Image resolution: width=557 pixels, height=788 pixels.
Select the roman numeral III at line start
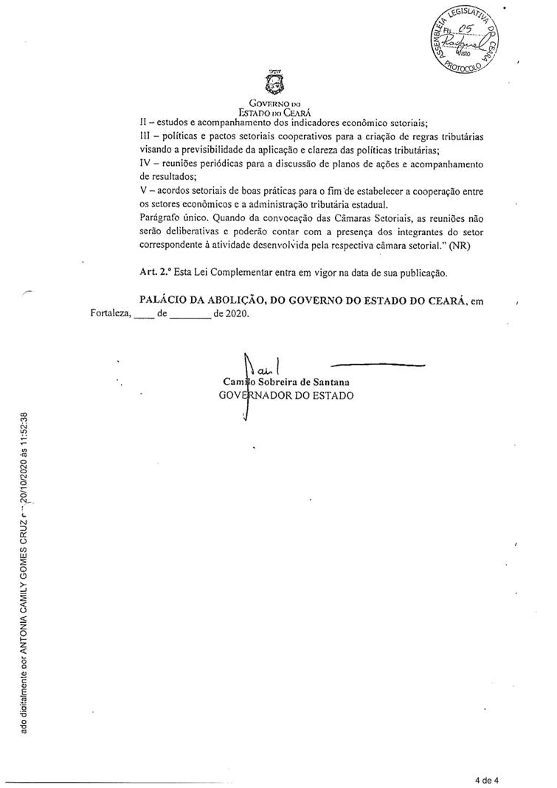pyautogui.click(x=145, y=136)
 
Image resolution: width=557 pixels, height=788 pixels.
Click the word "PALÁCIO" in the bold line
pyautogui.click(x=165, y=299)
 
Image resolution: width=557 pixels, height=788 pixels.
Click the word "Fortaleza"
pyautogui.click(x=109, y=314)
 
